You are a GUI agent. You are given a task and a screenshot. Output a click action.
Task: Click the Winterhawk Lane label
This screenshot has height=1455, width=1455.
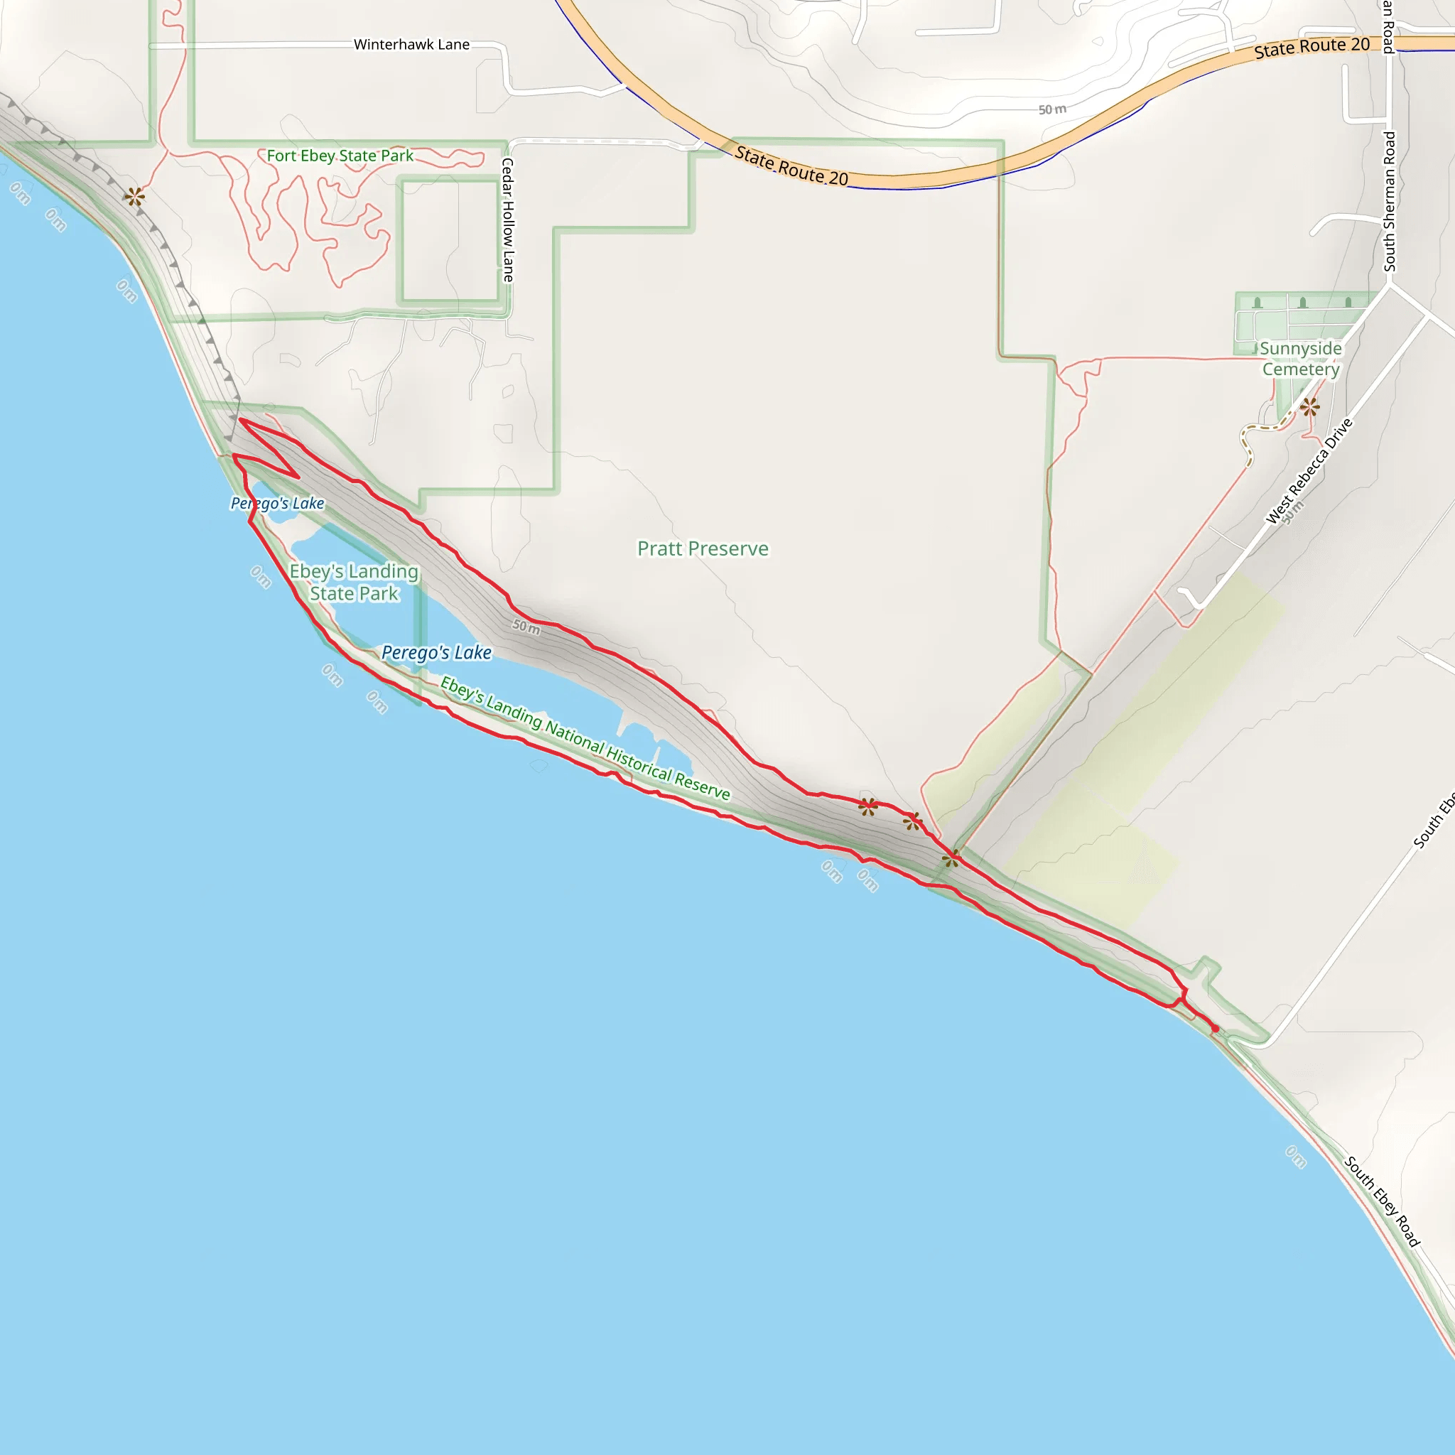click(x=411, y=45)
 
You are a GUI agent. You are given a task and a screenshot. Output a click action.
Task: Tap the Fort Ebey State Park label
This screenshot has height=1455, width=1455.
click(x=340, y=156)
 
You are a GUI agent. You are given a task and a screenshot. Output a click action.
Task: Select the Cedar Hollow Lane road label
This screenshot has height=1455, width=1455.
click(x=509, y=220)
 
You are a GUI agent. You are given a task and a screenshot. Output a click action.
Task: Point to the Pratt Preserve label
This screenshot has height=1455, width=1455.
click(x=703, y=548)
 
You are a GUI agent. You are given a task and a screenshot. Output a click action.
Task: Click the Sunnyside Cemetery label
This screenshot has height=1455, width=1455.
click(x=1301, y=359)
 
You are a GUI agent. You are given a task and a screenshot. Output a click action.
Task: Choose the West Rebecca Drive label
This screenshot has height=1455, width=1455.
click(x=1309, y=472)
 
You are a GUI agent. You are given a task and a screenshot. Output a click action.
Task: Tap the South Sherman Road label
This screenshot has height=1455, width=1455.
click(x=1390, y=202)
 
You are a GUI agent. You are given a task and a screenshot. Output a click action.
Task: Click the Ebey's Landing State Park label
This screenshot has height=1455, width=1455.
click(x=354, y=582)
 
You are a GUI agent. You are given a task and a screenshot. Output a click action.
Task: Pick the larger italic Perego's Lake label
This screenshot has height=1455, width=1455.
click(x=437, y=652)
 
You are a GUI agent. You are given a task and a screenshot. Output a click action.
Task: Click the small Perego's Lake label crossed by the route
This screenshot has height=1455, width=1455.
click(x=277, y=503)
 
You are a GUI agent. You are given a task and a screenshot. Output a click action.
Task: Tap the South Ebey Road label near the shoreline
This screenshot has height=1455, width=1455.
click(x=1382, y=1201)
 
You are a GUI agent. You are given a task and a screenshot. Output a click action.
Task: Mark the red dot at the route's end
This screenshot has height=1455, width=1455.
click(x=1215, y=1029)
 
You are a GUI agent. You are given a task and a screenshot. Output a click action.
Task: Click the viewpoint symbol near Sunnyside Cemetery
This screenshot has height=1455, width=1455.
click(x=1309, y=407)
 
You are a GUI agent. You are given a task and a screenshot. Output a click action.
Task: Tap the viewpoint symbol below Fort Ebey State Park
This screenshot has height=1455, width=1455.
click(x=135, y=198)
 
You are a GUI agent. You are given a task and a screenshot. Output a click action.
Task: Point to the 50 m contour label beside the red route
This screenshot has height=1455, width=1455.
click(x=526, y=626)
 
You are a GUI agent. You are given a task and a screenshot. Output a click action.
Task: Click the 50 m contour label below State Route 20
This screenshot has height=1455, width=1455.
click(x=1052, y=110)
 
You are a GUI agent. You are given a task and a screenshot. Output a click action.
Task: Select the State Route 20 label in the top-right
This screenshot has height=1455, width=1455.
click(x=1312, y=48)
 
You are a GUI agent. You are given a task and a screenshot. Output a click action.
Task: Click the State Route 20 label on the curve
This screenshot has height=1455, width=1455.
click(x=791, y=166)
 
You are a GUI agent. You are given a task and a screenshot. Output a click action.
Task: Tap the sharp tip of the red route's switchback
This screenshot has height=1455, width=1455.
click(x=298, y=477)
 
